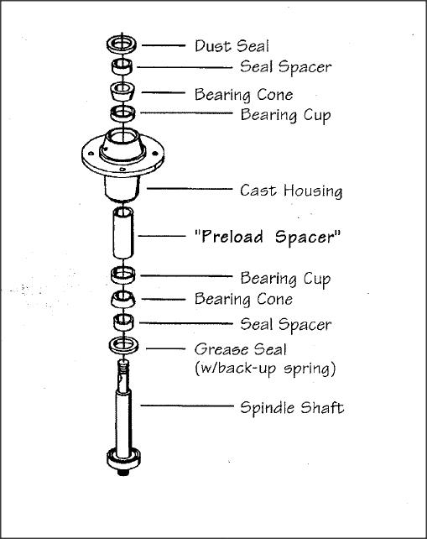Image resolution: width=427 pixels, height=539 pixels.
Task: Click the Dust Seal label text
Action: (x=232, y=46)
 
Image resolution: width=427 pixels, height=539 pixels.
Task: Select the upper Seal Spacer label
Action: (x=286, y=66)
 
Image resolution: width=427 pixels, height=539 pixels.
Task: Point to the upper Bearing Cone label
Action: (x=243, y=95)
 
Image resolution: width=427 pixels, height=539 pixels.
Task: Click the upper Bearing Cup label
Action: (x=286, y=115)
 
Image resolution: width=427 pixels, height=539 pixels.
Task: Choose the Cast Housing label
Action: (x=291, y=191)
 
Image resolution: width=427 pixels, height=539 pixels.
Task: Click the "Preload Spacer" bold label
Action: (x=268, y=238)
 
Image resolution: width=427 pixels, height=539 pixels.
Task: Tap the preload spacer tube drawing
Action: (x=123, y=233)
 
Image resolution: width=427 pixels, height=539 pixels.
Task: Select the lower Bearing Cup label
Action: (x=286, y=279)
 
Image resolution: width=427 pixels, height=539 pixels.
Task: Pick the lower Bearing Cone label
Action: (x=243, y=299)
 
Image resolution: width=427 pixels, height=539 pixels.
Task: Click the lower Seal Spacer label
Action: (x=286, y=325)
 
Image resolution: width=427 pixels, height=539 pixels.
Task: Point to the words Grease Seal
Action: (x=241, y=349)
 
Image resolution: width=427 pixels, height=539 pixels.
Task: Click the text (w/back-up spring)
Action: (x=265, y=369)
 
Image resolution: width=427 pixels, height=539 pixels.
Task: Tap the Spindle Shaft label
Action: (x=292, y=408)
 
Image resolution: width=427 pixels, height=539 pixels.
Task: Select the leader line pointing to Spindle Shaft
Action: (x=187, y=406)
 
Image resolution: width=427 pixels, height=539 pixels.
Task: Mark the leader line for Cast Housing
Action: (x=190, y=189)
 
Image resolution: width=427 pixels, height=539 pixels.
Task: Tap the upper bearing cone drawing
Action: (x=122, y=92)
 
